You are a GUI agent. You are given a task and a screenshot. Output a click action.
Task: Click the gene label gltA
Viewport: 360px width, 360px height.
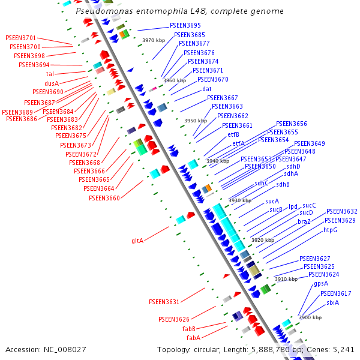(x=137, y=241)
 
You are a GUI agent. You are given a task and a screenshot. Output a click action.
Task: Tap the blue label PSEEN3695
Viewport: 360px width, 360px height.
(x=185, y=25)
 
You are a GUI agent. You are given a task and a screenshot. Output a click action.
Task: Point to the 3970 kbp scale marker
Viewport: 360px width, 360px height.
(x=154, y=40)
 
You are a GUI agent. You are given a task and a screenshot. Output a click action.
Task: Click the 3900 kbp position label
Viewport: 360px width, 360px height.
(x=310, y=317)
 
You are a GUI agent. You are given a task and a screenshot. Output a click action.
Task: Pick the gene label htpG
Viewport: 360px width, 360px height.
(x=331, y=230)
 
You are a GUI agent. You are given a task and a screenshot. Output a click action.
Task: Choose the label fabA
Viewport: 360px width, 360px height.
(x=193, y=338)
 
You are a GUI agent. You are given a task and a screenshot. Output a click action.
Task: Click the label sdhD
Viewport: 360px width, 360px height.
(x=293, y=166)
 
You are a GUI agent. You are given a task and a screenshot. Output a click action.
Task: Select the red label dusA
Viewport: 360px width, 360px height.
(x=52, y=83)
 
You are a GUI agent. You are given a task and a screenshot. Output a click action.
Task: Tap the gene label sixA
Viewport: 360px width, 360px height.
(x=332, y=302)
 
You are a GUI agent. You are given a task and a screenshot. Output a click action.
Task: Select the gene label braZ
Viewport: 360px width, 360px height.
(x=304, y=221)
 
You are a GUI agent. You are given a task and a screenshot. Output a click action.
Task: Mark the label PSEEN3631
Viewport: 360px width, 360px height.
(x=164, y=301)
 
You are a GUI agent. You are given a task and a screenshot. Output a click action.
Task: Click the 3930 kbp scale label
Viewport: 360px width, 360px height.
(x=239, y=200)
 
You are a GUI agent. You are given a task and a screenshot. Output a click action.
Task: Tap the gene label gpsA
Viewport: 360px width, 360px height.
(x=321, y=283)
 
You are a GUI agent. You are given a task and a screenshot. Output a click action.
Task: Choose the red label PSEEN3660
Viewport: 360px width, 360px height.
(x=104, y=198)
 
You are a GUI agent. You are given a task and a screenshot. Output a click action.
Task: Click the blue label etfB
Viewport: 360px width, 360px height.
(x=233, y=134)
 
